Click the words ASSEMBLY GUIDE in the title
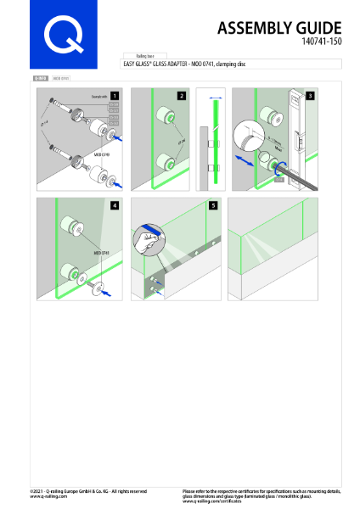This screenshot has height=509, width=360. (280, 29)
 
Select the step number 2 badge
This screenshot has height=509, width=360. (181, 96)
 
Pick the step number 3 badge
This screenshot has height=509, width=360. (311, 96)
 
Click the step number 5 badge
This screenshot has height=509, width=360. (214, 205)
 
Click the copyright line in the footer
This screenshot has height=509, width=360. (87, 491)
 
